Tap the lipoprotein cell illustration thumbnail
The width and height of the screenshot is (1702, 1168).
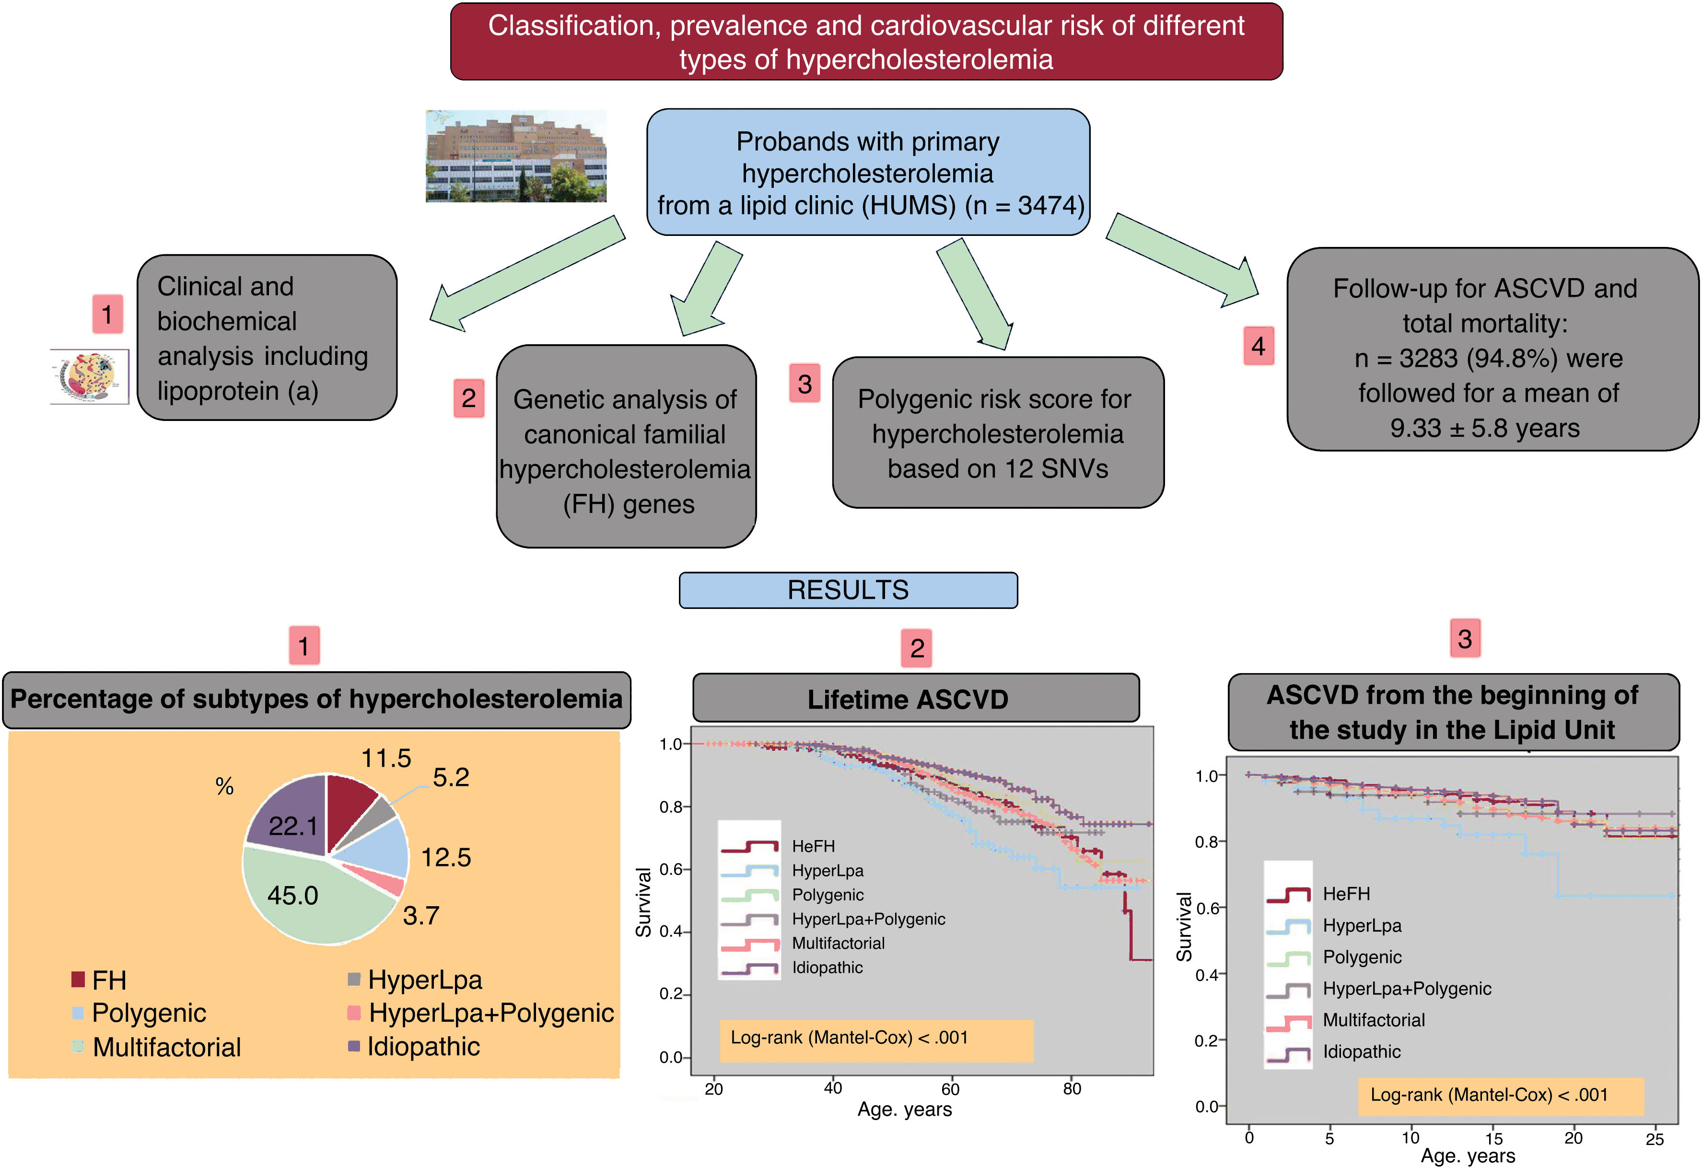coord(89,376)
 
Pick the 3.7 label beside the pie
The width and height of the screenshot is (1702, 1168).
coord(420,915)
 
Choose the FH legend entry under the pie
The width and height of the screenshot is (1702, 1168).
coord(108,980)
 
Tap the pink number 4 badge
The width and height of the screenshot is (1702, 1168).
coord(1258,346)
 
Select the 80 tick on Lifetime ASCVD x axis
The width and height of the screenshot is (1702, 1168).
coord(1072,1088)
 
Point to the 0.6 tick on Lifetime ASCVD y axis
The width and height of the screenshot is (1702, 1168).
coord(671,869)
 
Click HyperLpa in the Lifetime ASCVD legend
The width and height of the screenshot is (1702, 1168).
coord(827,871)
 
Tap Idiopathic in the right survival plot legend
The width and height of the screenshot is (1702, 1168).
coord(1361,1051)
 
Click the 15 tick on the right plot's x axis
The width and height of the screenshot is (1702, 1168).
coord(1493,1139)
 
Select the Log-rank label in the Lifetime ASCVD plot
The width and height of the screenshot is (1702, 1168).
coord(849,1038)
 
